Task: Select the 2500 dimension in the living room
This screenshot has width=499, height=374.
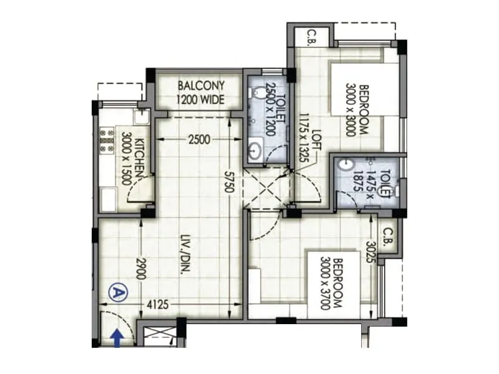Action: pos(198,140)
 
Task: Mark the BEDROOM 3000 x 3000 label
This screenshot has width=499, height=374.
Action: pos(357,110)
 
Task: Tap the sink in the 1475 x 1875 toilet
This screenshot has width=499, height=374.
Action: pos(345,165)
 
